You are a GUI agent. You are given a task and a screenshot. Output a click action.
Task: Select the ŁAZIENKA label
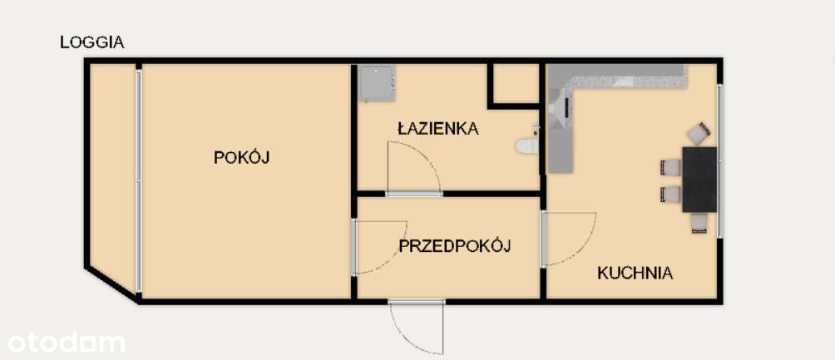tap(437, 129)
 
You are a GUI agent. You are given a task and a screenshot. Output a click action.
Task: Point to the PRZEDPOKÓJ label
tap(453, 246)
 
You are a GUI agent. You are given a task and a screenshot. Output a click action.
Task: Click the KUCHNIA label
tap(635, 273)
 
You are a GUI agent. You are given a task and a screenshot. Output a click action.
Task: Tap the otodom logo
tap(67, 341)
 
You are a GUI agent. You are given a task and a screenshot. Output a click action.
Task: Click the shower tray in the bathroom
tap(377, 83)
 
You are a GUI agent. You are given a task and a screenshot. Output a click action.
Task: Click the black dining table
tap(699, 179)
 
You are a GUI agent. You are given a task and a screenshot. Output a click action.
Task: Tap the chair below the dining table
tap(699, 223)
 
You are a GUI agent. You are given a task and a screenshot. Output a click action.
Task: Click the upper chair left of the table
tap(670, 167)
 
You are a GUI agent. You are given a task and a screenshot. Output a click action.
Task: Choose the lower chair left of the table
tap(670, 195)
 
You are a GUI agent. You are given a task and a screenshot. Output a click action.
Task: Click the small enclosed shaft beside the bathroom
tap(516, 83)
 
